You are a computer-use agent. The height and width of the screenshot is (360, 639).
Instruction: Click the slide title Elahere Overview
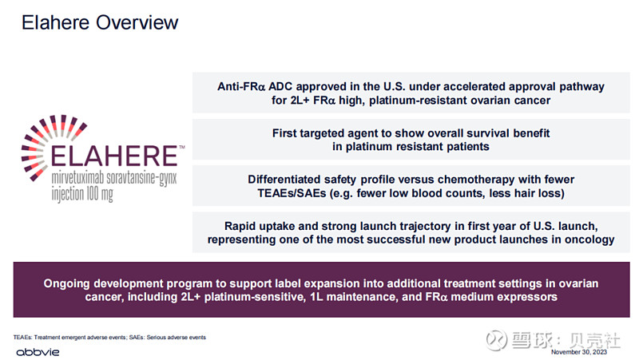pos(100,23)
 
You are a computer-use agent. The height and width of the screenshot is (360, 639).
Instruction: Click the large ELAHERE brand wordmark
pos(114,156)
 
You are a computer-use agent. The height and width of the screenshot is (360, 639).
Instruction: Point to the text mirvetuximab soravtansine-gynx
pos(114,178)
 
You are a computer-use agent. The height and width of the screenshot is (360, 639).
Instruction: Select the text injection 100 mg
pos(82,194)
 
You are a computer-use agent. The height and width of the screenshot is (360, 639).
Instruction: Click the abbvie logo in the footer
pos(38,352)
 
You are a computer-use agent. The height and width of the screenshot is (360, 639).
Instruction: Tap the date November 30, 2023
pos(578,352)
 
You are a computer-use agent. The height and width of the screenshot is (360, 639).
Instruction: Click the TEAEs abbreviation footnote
pos(109,337)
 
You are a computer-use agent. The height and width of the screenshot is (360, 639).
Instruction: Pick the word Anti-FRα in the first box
pos(241,87)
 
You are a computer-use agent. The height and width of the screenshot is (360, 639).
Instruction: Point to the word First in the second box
pos(284,133)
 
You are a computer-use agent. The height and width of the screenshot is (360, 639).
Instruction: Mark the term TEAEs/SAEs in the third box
pos(292,193)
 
